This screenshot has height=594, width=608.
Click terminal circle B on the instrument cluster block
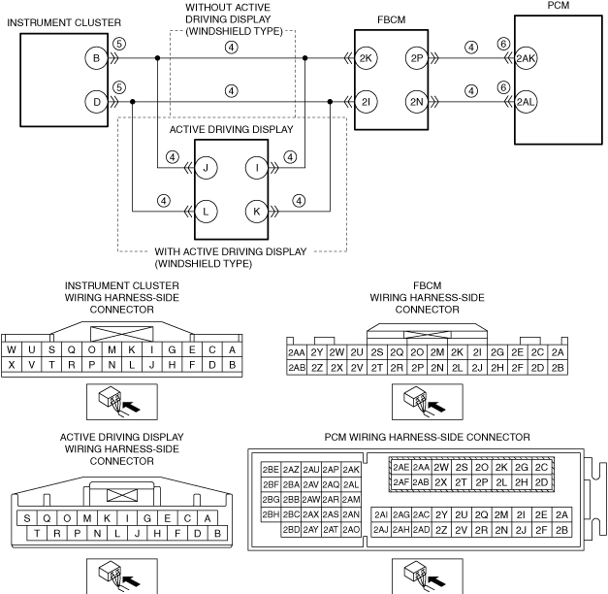(96, 58)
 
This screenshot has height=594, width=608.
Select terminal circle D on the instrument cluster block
(96, 102)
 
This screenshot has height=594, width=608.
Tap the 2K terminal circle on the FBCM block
(366, 58)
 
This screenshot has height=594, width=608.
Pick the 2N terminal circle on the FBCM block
(417, 102)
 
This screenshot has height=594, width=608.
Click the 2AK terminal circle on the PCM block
(526, 58)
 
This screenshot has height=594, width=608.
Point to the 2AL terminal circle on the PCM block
(526, 102)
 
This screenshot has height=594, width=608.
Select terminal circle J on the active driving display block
(206, 168)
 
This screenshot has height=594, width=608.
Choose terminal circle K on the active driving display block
(257, 212)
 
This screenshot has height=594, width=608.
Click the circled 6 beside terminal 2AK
(503, 44)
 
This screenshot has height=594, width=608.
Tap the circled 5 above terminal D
(119, 87)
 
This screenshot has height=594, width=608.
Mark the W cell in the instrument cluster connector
(12, 349)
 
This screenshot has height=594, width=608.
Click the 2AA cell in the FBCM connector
(297, 352)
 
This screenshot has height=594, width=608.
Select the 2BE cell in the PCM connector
(271, 470)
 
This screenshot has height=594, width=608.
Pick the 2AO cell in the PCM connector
(351, 530)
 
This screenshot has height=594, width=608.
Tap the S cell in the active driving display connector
(27, 518)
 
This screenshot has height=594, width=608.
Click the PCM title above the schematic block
(559, 6)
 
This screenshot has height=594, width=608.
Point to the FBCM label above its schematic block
(392, 19)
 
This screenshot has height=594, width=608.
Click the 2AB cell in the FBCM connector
(297, 368)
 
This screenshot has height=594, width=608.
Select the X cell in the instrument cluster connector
(12, 365)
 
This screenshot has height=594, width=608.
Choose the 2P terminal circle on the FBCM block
(417, 58)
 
